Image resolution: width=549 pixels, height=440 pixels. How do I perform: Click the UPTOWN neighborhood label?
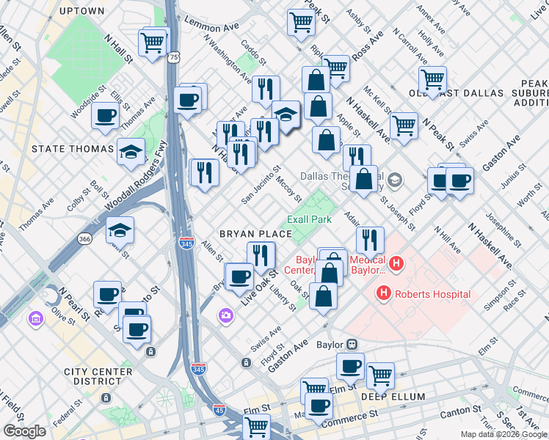point(81,11)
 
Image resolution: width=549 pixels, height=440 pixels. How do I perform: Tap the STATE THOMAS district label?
point(73,149)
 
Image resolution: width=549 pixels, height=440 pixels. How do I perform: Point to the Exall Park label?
point(309,219)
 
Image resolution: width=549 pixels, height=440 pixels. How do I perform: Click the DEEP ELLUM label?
point(393,397)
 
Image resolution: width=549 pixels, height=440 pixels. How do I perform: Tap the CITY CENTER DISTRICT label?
point(92,377)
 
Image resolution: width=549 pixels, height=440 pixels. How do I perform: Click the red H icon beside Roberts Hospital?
point(383,294)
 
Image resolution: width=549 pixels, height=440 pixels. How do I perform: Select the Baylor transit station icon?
point(352,344)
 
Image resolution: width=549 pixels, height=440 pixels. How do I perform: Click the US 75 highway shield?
point(173,56)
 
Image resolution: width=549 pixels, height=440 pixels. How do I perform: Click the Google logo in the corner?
point(24,431)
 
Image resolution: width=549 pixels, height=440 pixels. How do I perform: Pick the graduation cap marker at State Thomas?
point(131,152)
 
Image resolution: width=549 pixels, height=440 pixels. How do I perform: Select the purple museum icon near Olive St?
point(34,319)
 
